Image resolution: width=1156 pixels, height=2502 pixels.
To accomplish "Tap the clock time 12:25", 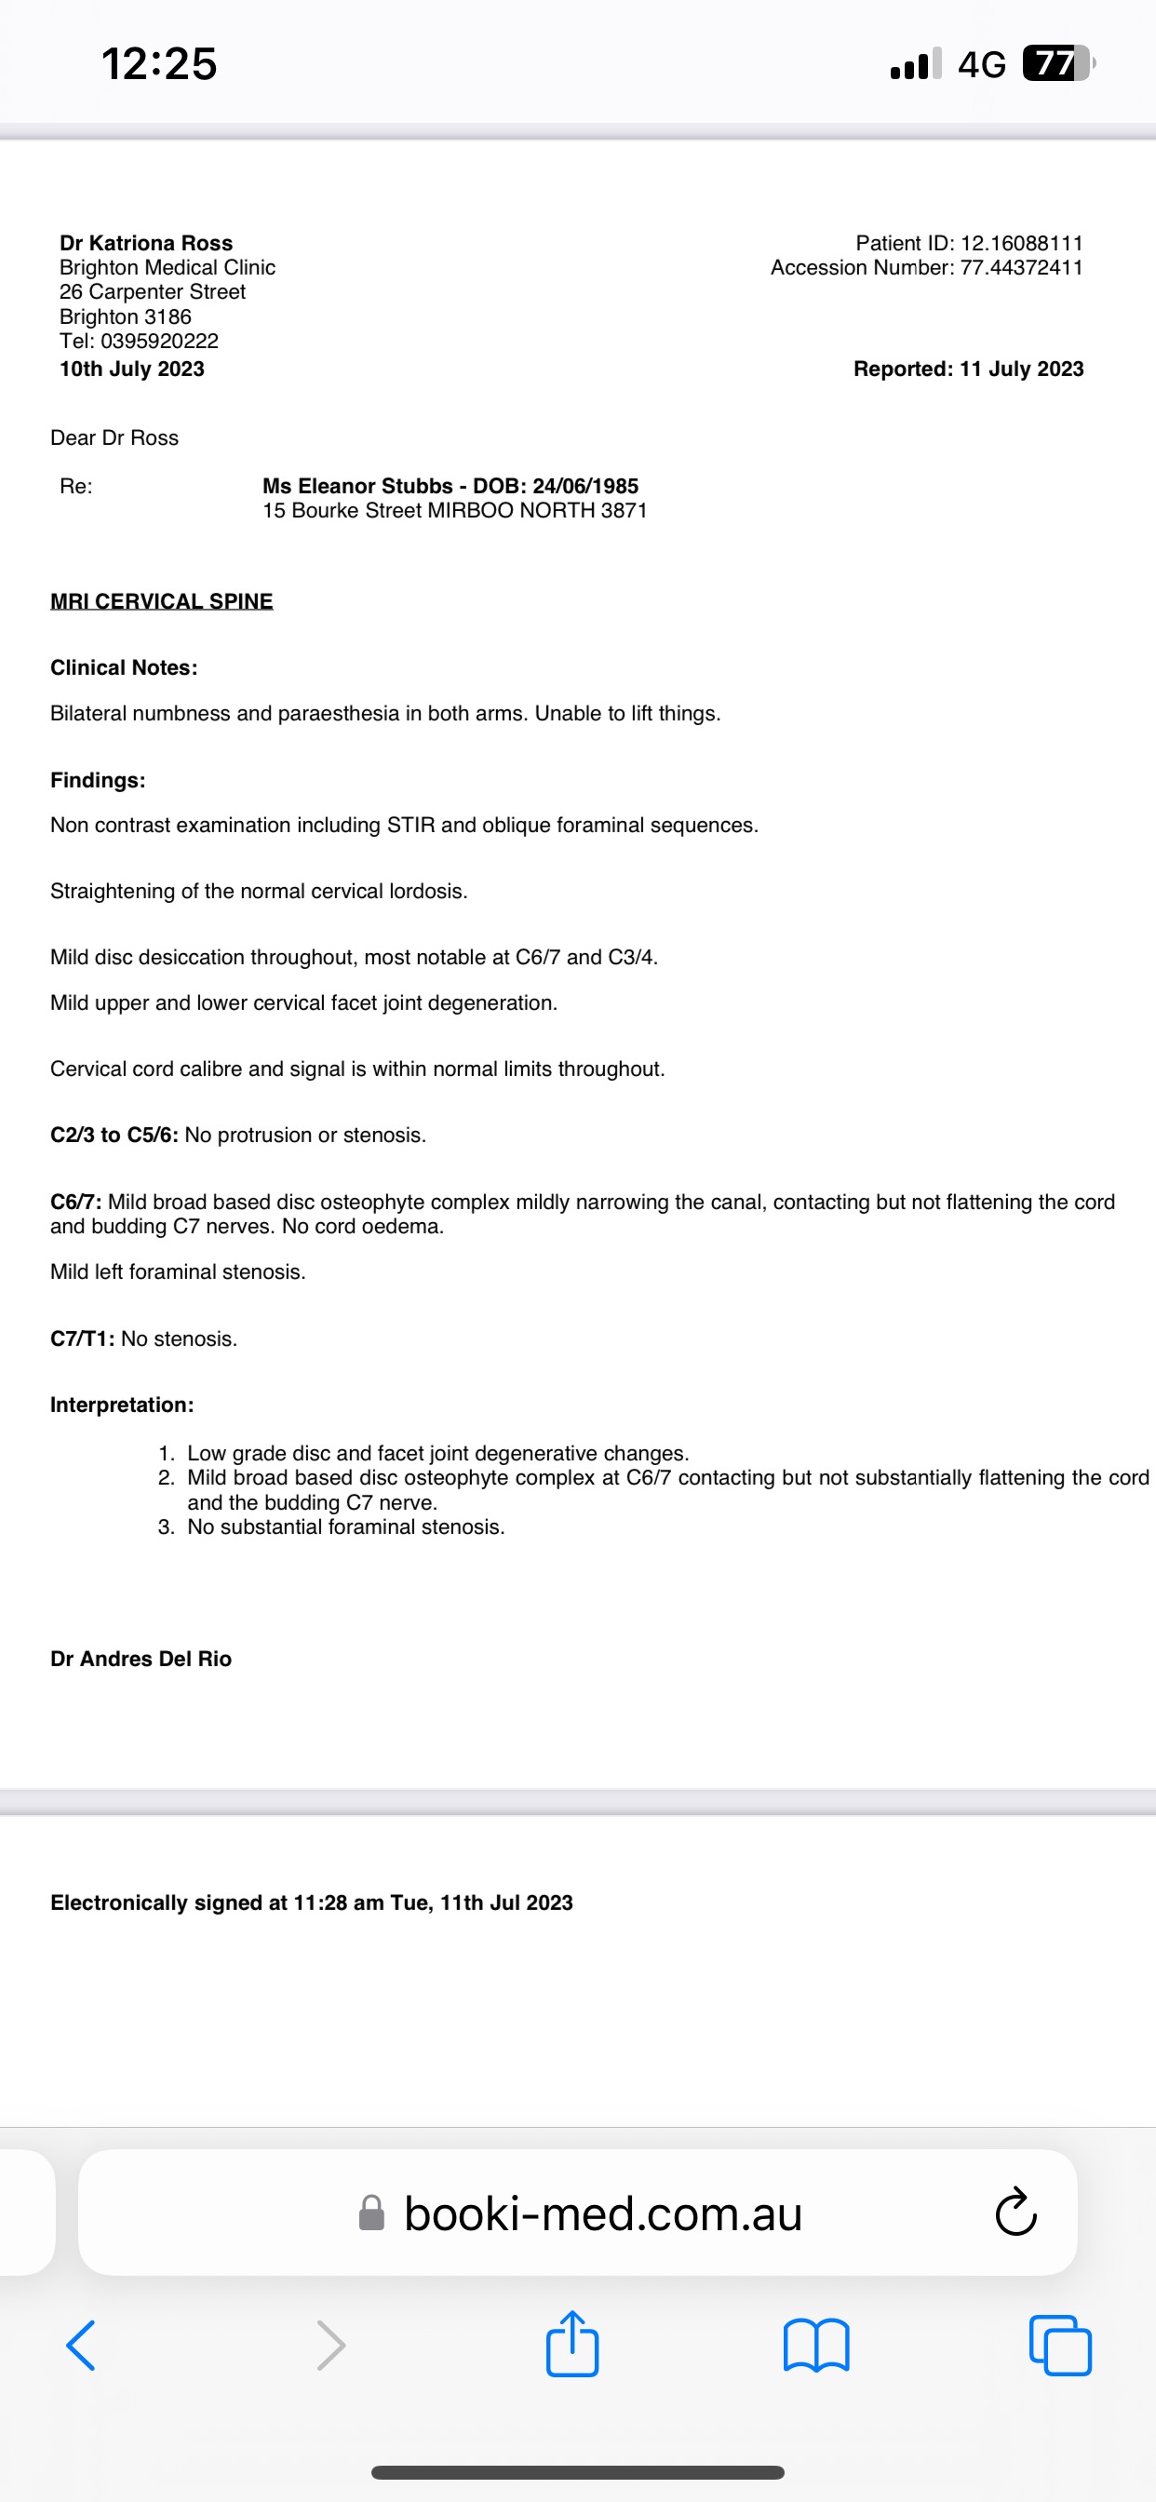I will (159, 64).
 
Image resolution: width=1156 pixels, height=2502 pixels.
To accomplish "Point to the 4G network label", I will (981, 65).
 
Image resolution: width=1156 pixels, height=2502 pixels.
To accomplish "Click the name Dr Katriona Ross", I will (146, 243).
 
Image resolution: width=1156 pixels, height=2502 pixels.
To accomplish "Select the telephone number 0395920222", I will (159, 341).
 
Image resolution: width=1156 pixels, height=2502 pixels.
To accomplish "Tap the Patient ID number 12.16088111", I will (1021, 243).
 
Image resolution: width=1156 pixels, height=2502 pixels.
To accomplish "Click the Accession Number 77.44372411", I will (1021, 267).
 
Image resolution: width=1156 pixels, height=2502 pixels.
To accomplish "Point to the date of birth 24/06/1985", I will (585, 486).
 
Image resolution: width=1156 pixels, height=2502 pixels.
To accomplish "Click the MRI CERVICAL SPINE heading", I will (161, 601).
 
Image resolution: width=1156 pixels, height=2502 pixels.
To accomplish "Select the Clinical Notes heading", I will (124, 667).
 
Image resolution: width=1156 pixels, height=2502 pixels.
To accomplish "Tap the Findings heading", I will (97, 780).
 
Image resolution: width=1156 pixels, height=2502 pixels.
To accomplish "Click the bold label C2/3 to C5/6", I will (114, 1135).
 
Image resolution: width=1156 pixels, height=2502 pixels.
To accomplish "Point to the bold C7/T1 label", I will (83, 1338).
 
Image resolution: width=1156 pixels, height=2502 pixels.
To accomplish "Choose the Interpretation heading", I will (121, 1405).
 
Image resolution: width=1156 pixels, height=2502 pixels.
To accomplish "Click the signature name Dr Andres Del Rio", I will (141, 1658).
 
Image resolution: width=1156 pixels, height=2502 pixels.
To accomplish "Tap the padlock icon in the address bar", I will (371, 2213).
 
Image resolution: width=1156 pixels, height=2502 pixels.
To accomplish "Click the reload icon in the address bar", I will (1016, 2213).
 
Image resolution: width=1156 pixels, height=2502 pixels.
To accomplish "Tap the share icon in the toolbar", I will (572, 2345).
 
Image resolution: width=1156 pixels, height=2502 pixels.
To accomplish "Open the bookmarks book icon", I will (816, 2346).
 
